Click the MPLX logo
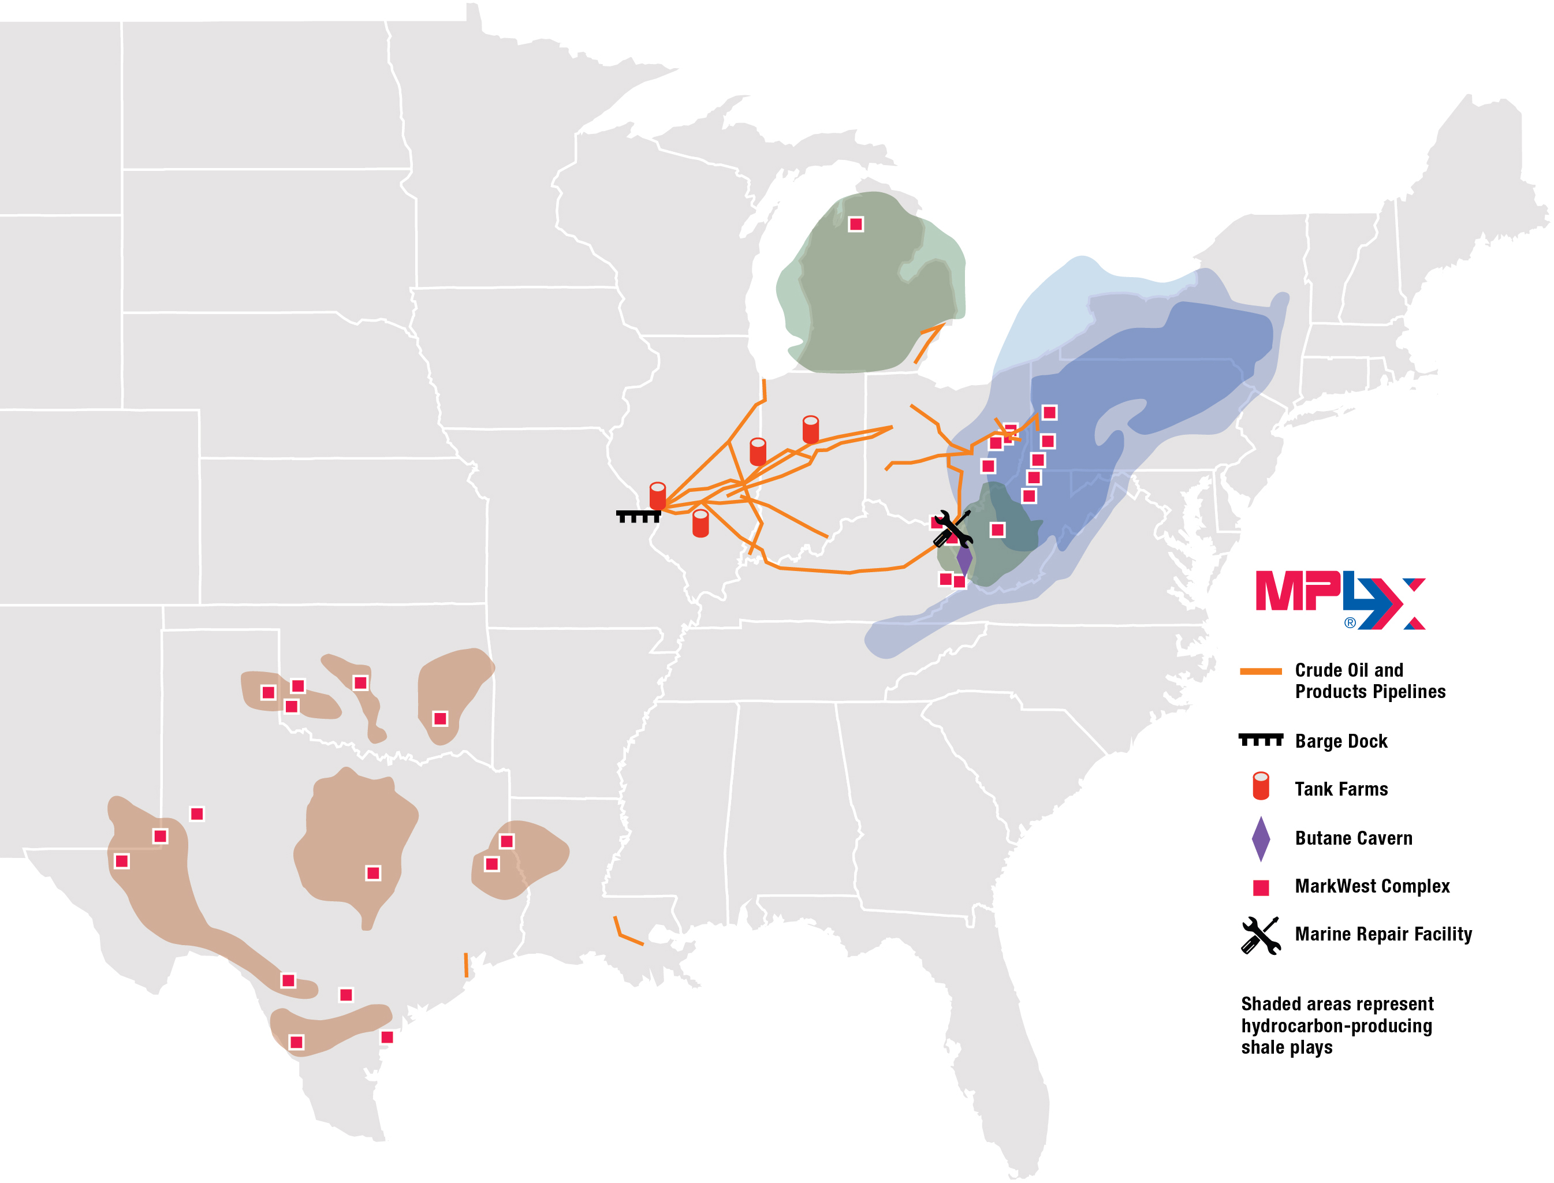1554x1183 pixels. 1339,599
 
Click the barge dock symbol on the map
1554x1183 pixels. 638,516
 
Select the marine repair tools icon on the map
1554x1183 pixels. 953,529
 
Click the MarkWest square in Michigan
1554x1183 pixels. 855,225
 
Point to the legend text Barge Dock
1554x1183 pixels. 1341,741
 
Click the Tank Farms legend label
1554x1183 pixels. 1341,789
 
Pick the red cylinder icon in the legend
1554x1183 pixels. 1261,786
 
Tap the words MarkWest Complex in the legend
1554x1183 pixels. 1372,887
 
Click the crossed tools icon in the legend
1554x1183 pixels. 1261,935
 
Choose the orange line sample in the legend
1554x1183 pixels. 1261,671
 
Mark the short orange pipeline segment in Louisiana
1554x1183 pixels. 625,934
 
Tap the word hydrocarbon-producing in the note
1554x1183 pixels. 1336,1026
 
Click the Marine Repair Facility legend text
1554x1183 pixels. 1383,934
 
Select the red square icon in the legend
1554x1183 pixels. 1261,887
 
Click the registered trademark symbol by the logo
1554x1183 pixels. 1349,622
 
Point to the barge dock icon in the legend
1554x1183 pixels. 1261,740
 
